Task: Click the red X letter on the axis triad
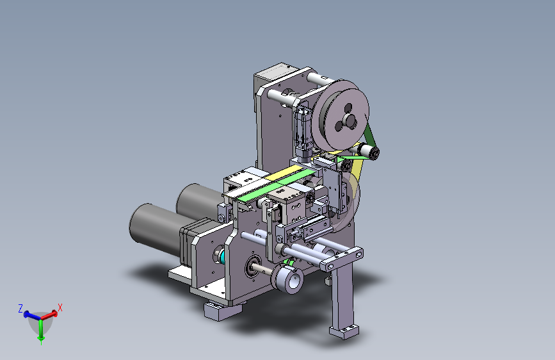pyautogui.click(x=60, y=307)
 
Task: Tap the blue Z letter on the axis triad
pyautogui.click(x=20, y=309)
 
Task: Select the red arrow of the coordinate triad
pyautogui.click(x=49, y=315)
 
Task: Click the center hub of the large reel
pyautogui.click(x=350, y=120)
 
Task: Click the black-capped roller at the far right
pyautogui.click(x=373, y=153)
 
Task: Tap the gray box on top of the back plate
pyautogui.click(x=273, y=74)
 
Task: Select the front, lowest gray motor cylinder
pyautogui.click(x=156, y=227)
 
